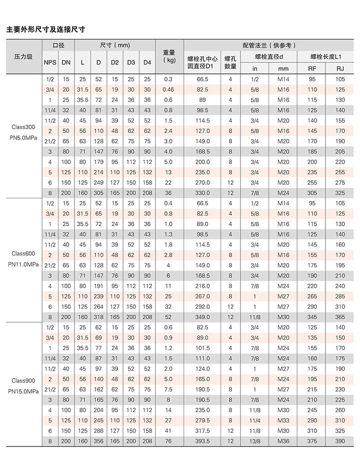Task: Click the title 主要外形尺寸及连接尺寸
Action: tap(45, 29)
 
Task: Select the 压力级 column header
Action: tap(22, 57)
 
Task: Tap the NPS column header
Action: tap(49, 62)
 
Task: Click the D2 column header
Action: tap(114, 62)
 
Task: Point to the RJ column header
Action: tap(340, 68)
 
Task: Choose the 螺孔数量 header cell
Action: tap(230, 62)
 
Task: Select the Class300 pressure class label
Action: tap(22, 126)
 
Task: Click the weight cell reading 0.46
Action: tap(168, 89)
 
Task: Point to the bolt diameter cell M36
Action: tap(283, 441)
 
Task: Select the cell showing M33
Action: tap(283, 420)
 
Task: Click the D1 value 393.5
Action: tap(202, 441)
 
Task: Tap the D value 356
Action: tap(98, 441)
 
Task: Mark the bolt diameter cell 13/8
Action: tap(254, 441)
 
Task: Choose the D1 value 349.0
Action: tap(202, 317)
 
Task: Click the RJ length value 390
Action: tap(340, 441)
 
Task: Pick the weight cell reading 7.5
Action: tap(168, 389)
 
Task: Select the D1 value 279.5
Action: tap(202, 420)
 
